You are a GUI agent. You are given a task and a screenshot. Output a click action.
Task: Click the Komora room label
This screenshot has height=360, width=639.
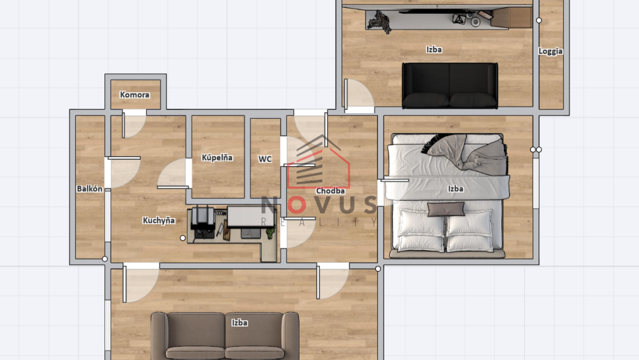tap(135, 95)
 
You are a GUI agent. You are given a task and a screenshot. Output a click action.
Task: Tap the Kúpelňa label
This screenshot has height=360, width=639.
tap(217, 157)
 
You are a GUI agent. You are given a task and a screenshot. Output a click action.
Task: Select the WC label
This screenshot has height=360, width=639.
tap(265, 159)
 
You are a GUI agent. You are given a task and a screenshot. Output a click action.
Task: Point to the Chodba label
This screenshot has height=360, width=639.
tap(331, 191)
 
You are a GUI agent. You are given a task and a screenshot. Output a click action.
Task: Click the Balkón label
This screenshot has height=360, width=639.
tap(89, 188)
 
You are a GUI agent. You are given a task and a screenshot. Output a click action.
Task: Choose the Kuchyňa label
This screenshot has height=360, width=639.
tap(159, 220)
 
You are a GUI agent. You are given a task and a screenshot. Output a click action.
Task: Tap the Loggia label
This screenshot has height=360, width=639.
tap(551, 51)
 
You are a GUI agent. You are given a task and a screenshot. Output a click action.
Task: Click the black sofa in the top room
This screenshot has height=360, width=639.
tap(450, 85)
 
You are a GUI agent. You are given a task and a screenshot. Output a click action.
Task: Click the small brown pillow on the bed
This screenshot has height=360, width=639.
tap(446, 209)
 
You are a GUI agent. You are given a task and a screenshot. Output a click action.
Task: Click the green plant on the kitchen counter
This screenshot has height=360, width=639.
tap(270, 231)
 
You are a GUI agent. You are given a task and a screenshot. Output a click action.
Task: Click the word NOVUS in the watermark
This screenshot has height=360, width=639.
tap(319, 206)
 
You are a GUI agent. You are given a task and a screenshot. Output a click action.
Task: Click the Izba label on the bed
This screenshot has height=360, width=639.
tap(455, 188)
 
